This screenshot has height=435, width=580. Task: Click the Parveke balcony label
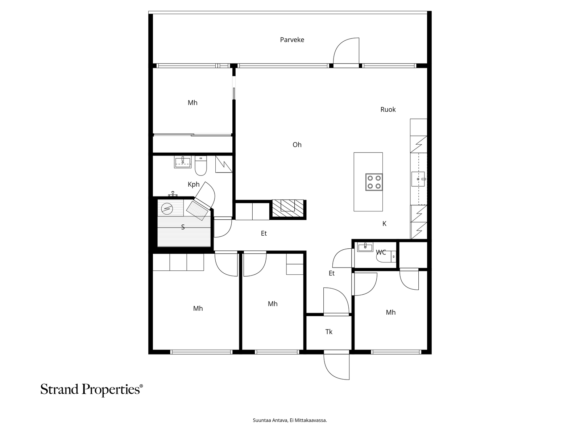pos(292,40)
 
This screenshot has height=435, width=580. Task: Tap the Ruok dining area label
pos(388,109)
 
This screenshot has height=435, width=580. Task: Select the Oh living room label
pos(297,145)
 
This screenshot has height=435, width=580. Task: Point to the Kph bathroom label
pos(194,185)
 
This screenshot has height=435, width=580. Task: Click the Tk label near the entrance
pos(329,332)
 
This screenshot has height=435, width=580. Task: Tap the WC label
pos(381,252)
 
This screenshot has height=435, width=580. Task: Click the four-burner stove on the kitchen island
pos(374,182)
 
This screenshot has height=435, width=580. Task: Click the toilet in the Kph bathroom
pos(201,166)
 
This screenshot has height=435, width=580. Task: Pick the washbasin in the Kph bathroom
pos(182,162)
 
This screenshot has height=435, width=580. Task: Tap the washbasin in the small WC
pos(365,247)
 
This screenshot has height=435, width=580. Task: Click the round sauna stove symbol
pos(167,209)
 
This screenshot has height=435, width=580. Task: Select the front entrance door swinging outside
pos(336,366)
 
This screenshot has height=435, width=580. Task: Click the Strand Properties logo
pos(91,390)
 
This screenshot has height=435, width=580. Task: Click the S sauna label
pos(183,227)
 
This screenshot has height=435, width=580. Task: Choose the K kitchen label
pos(385,224)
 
